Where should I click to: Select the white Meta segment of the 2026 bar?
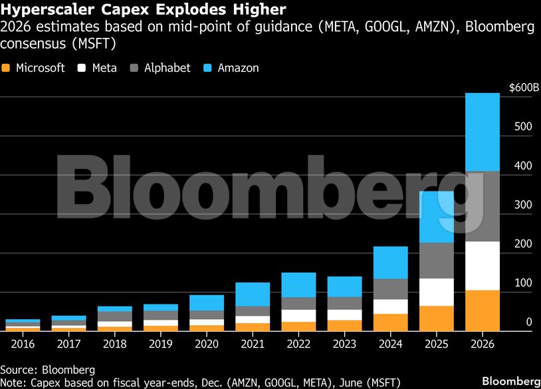[482, 265]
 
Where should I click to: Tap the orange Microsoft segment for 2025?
[436, 318]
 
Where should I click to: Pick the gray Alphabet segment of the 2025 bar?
[436, 260]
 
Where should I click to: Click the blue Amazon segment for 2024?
[390, 262]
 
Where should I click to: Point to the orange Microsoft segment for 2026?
[482, 310]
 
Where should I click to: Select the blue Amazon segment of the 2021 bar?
[253, 294]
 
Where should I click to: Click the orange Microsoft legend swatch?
[7, 68]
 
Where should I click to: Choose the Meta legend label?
[104, 68]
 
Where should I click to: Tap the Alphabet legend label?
[167, 68]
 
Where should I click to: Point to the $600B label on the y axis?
[524, 88]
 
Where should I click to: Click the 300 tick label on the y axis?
[524, 205]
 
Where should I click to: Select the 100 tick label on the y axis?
[524, 283]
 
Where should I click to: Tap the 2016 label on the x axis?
[23, 344]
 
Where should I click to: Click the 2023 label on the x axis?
[344, 344]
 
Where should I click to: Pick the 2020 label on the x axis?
[207, 344]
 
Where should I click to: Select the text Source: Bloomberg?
[48, 369]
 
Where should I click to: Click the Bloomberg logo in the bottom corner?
[510, 380]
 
